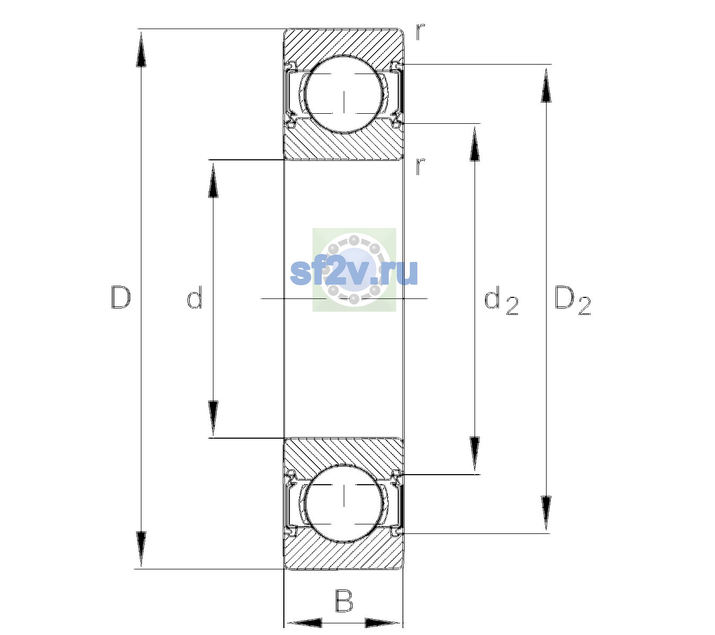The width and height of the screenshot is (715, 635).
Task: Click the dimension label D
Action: [x=121, y=297]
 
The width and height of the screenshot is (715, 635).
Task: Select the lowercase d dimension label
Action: [x=194, y=297]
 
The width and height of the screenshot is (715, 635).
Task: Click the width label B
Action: [x=344, y=601]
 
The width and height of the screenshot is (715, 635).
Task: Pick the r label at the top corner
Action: [x=421, y=32]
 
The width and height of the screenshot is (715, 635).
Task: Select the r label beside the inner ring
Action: [x=421, y=166]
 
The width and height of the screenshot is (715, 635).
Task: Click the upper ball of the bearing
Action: [x=344, y=94]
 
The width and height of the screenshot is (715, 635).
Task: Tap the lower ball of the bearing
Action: [x=344, y=503]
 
